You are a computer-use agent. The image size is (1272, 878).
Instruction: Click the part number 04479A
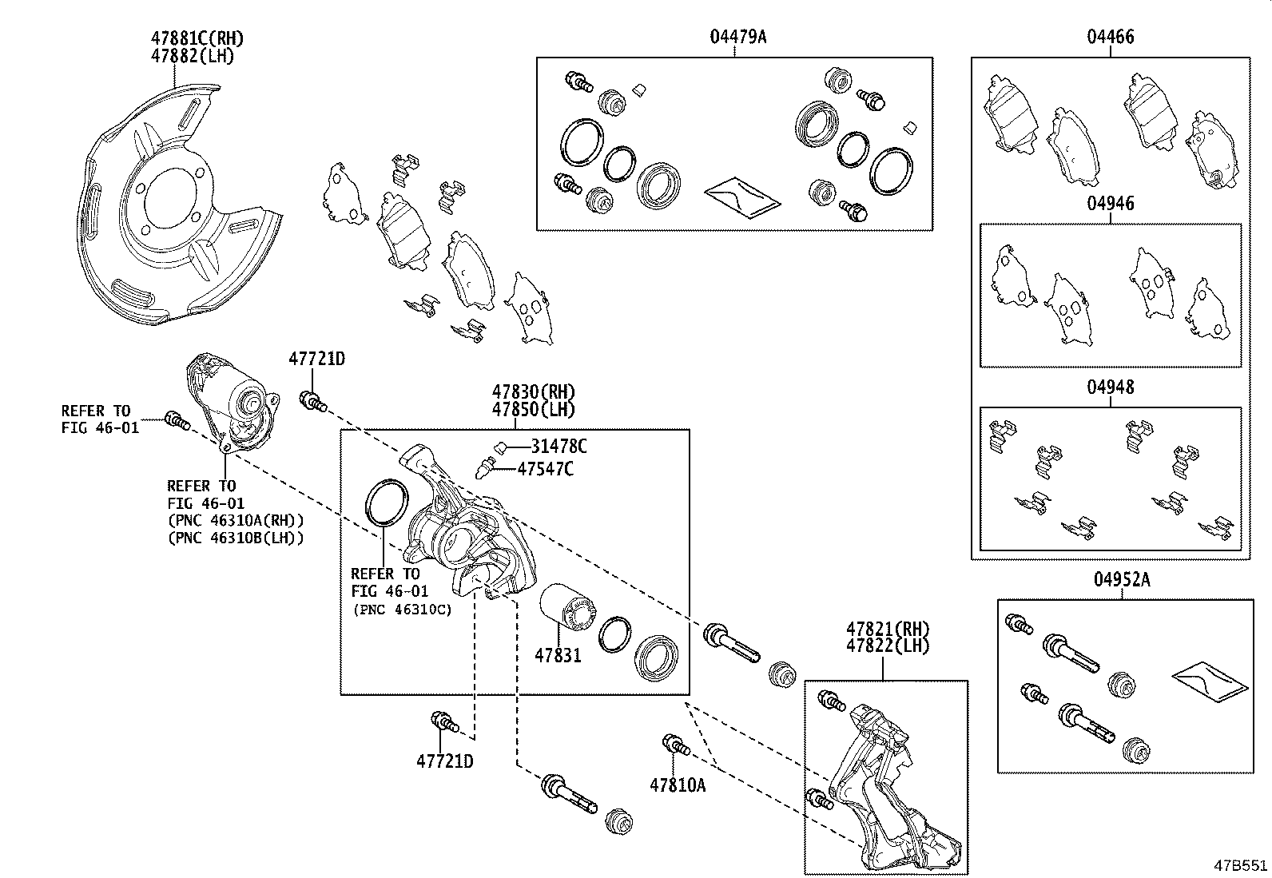click(x=738, y=38)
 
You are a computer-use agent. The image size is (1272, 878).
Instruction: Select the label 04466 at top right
click(x=1110, y=38)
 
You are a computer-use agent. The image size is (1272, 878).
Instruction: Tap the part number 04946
click(x=1110, y=204)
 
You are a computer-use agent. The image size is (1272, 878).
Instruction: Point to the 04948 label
click(x=1110, y=387)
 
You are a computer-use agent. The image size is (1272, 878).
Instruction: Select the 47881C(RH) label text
click(x=197, y=38)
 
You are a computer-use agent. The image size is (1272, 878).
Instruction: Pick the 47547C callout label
click(x=545, y=469)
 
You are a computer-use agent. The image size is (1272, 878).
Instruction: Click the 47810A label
click(x=678, y=785)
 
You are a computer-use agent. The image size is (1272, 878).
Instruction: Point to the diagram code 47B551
click(x=1241, y=866)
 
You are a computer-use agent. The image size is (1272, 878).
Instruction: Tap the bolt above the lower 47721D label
click(x=443, y=721)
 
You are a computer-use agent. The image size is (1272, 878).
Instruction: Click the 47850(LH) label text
click(x=533, y=409)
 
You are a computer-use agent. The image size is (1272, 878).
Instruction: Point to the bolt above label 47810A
click(x=675, y=745)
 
